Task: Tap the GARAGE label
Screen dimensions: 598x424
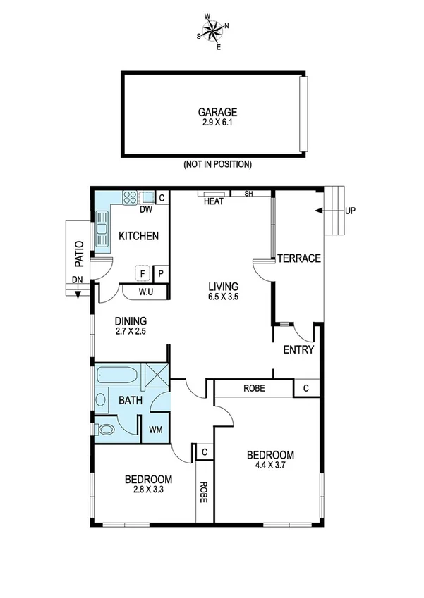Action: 217,111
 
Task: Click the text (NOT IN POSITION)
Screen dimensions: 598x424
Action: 217,164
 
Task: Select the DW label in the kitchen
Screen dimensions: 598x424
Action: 146,209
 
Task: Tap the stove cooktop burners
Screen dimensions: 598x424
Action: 129,197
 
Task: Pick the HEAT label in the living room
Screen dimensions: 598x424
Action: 213,202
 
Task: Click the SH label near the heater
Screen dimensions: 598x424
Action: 248,194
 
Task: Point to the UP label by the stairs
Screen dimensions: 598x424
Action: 351,211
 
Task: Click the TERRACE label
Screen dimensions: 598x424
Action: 298,258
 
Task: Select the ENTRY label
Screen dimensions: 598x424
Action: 298,350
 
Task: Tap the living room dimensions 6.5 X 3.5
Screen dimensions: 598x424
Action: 223,298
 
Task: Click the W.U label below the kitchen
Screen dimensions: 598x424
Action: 146,292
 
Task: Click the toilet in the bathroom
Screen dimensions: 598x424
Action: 106,429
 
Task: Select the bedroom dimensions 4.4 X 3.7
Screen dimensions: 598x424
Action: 270,465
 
